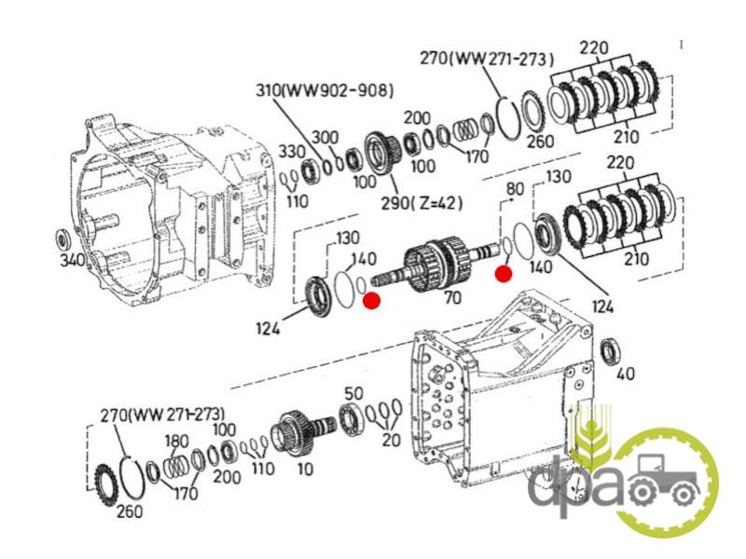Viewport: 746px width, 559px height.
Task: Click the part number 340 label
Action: (x=73, y=259)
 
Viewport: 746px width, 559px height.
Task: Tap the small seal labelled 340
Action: (x=62, y=238)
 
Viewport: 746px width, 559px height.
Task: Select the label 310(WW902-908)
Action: (x=325, y=90)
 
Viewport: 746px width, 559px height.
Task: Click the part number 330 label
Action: (x=291, y=152)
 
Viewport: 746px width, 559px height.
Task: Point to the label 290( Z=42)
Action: (x=421, y=203)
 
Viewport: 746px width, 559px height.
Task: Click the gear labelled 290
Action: (x=382, y=153)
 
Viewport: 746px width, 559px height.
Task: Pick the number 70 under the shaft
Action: (x=452, y=297)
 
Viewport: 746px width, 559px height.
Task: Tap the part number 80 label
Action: (x=515, y=189)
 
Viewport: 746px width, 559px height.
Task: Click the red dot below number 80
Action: (x=504, y=274)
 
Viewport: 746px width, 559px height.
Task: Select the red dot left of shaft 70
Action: (x=371, y=300)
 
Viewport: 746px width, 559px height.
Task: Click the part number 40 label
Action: (x=625, y=374)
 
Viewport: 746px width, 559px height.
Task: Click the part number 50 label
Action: (x=353, y=393)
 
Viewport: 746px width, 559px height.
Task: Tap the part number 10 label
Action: (x=305, y=470)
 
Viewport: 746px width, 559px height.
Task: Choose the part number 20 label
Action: (x=391, y=440)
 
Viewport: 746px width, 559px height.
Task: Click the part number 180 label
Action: (x=176, y=441)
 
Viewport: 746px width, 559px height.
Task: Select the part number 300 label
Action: (x=325, y=138)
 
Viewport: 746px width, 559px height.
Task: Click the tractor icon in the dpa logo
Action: (x=663, y=479)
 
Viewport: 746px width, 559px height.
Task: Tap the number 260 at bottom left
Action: (x=129, y=511)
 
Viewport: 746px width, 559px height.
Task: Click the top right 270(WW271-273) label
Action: (x=487, y=59)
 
